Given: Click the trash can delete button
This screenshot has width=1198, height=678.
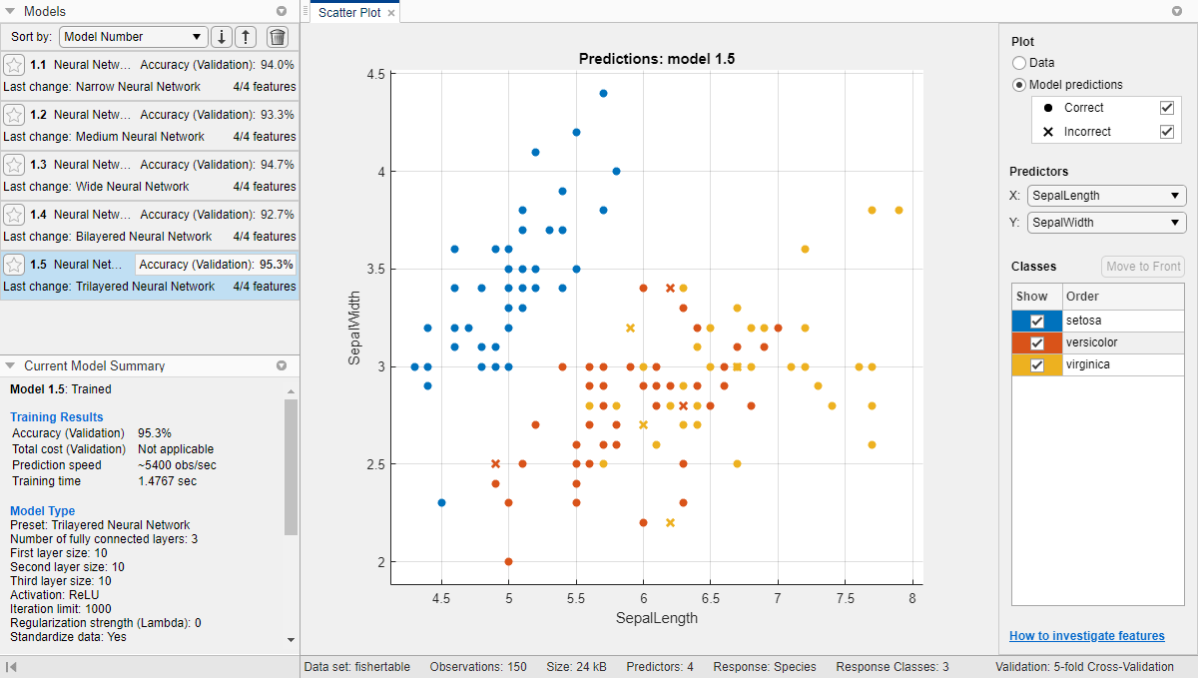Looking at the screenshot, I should click(x=278, y=37).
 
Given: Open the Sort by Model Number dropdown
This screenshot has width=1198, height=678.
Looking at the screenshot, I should click(x=133, y=37).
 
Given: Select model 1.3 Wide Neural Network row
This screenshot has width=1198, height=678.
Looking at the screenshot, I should click(x=150, y=175).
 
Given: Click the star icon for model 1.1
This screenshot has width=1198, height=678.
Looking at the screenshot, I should click(x=14, y=65).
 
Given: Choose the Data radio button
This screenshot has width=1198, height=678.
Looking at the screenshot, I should click(x=1019, y=63).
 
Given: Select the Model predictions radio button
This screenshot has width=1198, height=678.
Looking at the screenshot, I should click(x=1019, y=85).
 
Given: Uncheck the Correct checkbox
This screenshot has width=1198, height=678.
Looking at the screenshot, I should click(x=1166, y=108).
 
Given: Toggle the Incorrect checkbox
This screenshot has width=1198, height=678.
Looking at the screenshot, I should click(x=1166, y=132).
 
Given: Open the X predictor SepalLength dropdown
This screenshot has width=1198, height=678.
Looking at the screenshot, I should click(x=1106, y=196).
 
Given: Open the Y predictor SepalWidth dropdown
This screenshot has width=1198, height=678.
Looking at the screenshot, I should click(x=1106, y=223).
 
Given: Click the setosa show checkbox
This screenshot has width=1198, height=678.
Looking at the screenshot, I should click(x=1037, y=321).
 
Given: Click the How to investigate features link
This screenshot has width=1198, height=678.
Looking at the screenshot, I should click(x=1086, y=636).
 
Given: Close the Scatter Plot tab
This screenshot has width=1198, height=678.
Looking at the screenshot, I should click(x=391, y=13).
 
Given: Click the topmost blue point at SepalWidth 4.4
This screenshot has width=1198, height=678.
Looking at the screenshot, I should click(x=603, y=93).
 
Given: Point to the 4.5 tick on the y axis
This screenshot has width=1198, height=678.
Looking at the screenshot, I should click(x=376, y=74).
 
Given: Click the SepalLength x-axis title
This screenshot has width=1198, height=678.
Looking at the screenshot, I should click(x=656, y=618).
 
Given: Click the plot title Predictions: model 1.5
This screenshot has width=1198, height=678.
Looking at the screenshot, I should click(x=656, y=59).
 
